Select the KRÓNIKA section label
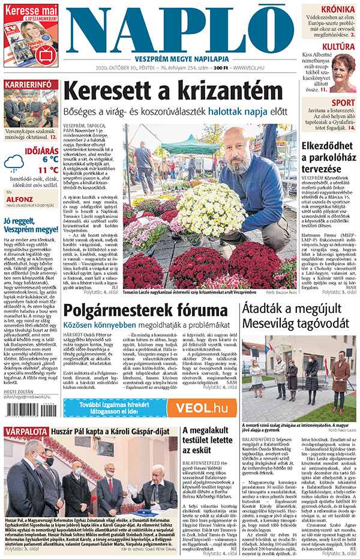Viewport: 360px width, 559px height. pyautogui.click(x=337, y=9)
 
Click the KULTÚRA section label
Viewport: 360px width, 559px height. pyautogui.click(x=338, y=46)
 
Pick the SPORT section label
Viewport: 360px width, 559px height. pyautogui.click(x=342, y=103)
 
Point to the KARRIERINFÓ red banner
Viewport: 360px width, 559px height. pyautogui.click(x=28, y=85)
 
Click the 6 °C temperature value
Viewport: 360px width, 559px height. pyautogui.click(x=50, y=159)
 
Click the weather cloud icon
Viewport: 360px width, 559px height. pyautogui.click(x=14, y=163)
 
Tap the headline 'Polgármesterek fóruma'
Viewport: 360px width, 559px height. pyautogui.click(x=142, y=310)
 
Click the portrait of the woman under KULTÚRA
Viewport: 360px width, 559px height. pyautogui.click(x=342, y=74)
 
